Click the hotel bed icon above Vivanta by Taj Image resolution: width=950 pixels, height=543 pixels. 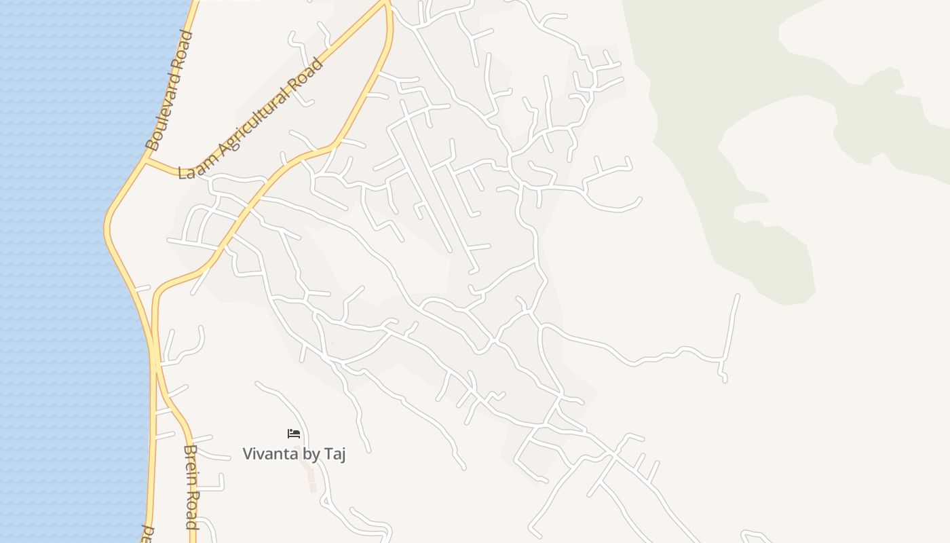tap(294, 433)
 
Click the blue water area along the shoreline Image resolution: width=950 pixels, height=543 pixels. tap(54, 271)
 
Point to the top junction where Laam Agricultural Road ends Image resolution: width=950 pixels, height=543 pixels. tap(387, 3)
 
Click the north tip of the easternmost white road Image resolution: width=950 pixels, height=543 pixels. tap(738, 295)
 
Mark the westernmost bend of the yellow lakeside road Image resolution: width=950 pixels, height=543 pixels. tap(107, 227)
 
